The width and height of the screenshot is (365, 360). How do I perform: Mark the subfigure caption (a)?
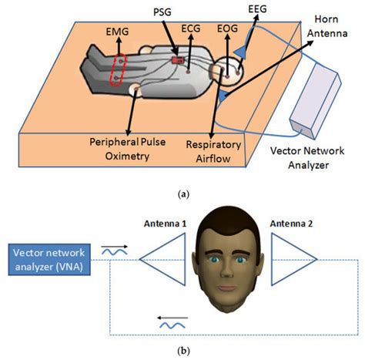(x=183, y=194)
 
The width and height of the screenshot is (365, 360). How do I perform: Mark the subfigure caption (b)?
(x=183, y=352)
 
